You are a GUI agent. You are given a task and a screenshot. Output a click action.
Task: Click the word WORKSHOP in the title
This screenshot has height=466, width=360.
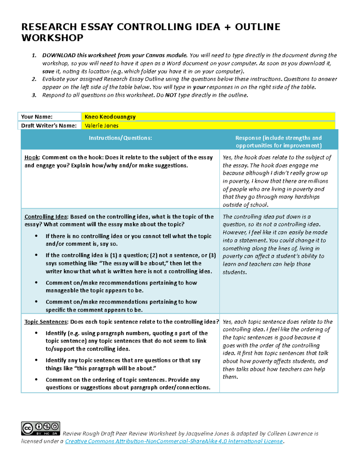click(x=52, y=38)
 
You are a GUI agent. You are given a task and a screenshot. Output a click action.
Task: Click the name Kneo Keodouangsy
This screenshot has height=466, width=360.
click(x=110, y=117)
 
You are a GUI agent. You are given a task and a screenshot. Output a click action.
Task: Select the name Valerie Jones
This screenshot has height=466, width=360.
click(x=101, y=126)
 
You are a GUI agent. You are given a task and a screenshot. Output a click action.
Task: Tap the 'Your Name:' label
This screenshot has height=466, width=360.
click(x=37, y=117)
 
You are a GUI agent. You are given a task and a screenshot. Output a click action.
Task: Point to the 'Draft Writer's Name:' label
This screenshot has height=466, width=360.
click(x=49, y=126)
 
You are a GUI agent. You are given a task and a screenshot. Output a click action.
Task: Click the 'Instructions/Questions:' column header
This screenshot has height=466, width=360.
click(x=120, y=138)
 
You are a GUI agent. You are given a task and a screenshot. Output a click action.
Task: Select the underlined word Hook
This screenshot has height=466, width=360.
click(x=32, y=158)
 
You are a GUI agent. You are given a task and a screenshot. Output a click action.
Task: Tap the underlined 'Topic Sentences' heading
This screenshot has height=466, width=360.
click(x=46, y=322)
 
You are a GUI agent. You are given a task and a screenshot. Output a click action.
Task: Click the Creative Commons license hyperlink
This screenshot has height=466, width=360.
click(x=174, y=441)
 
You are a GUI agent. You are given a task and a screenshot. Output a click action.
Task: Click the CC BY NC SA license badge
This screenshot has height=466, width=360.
click(x=40, y=428)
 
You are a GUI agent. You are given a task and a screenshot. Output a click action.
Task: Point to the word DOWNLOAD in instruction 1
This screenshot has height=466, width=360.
click(x=59, y=55)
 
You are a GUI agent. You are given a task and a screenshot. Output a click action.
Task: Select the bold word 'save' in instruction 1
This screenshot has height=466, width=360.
click(x=48, y=71)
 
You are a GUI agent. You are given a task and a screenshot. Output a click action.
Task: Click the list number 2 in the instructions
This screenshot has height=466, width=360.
click(x=34, y=79)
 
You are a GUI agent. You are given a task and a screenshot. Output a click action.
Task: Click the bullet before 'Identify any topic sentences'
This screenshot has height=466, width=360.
click(x=36, y=360)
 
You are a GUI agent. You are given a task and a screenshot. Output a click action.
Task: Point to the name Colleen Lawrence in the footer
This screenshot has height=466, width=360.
click(x=290, y=434)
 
